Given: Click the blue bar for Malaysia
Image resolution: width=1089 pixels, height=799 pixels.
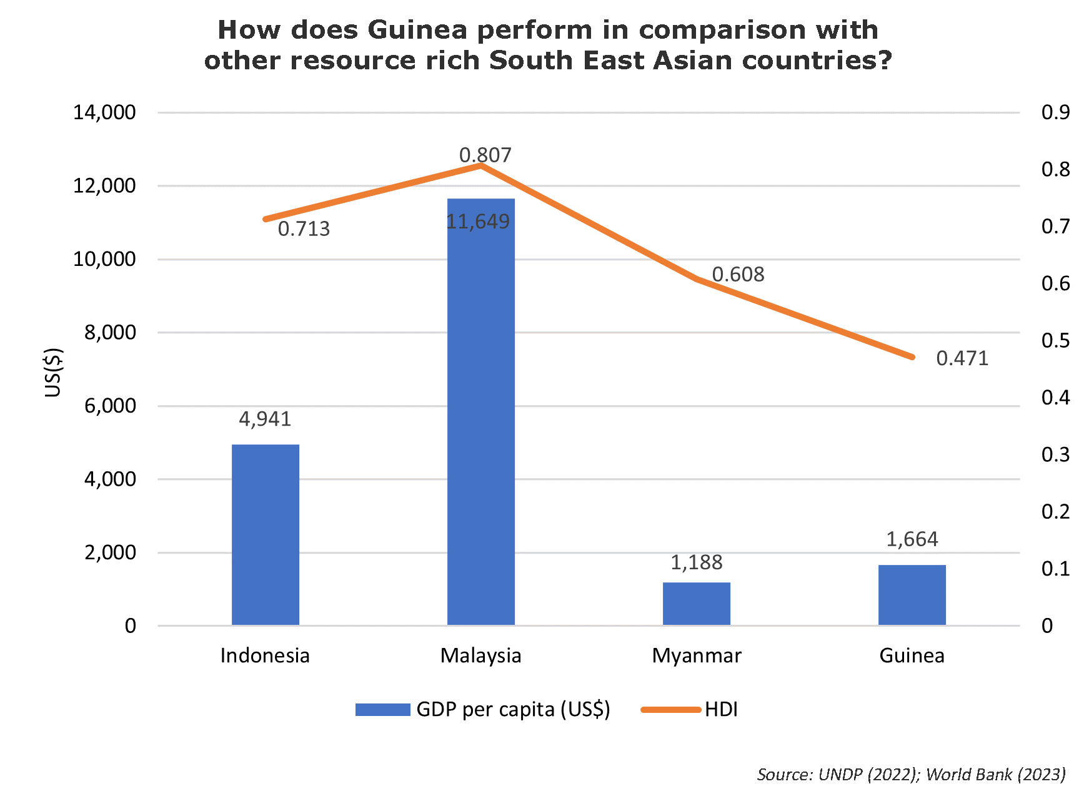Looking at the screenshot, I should pos(481,412).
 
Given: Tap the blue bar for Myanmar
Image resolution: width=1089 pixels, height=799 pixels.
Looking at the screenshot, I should pos(697,604).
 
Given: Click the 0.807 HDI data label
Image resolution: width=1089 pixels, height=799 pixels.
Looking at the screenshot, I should pos(485,155).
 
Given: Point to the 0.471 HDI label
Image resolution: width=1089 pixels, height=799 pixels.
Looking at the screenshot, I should pos(962,358).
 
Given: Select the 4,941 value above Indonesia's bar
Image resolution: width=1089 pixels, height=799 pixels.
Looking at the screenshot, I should pos(265,419).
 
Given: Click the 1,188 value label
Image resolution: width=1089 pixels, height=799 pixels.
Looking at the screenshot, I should pos(696,562).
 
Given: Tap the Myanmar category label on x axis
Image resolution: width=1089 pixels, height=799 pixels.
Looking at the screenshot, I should pos(697,655).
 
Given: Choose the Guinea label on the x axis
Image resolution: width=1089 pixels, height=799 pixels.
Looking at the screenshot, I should pos(912,655).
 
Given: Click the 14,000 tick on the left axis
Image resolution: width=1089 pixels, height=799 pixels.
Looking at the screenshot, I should pos(104,112).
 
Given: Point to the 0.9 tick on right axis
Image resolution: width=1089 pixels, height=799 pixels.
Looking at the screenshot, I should pos(1055,112).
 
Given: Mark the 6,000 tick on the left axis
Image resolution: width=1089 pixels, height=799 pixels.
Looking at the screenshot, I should pos(110,406).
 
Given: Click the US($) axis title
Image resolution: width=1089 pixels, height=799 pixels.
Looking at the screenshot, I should pos(54,372).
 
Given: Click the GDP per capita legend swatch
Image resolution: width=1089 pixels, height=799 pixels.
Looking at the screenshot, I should pos(382,710).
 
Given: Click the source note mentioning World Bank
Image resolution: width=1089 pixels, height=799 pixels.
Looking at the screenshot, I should pos(911,775).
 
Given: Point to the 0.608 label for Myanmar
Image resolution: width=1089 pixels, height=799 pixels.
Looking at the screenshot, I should pos(738,275).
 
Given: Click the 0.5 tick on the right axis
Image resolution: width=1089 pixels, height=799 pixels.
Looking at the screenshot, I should pos(1055,341).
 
